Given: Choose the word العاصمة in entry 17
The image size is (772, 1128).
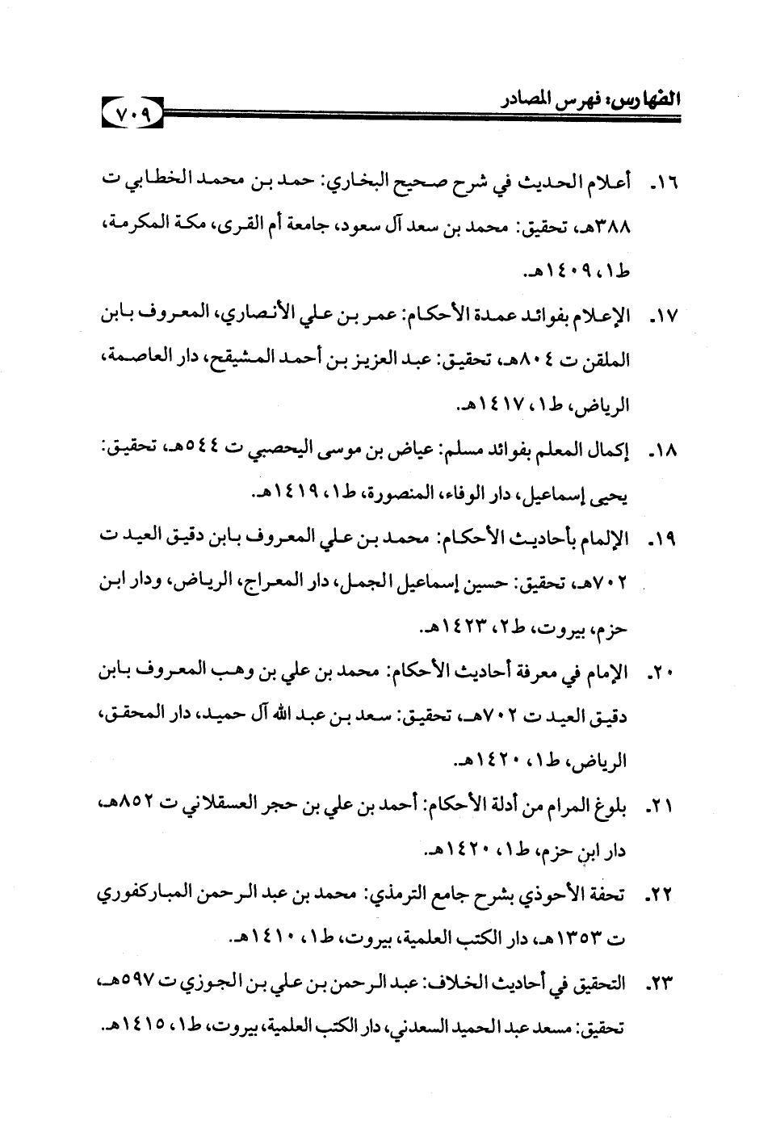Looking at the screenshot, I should point(129,359).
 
